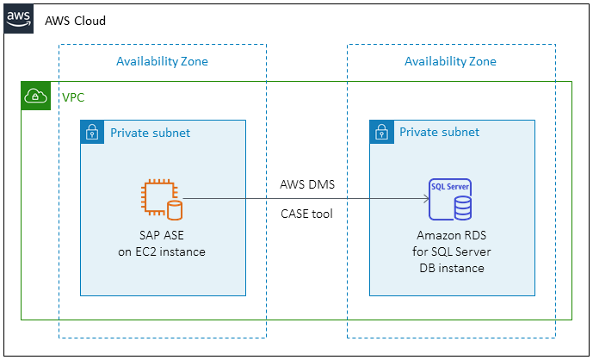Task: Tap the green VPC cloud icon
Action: pyautogui.click(x=36, y=96)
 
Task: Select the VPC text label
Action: pyautogui.click(x=73, y=97)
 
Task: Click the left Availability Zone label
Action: pyautogui.click(x=162, y=61)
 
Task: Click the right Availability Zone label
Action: pyautogui.click(x=450, y=61)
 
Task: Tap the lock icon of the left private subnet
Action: pyautogui.click(x=91, y=133)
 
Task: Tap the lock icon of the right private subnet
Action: pyautogui.click(x=380, y=133)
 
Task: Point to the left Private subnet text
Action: pyautogui.click(x=150, y=133)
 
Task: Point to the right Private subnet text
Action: pyautogui.click(x=439, y=133)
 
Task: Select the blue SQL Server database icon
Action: pyautogui.click(x=450, y=199)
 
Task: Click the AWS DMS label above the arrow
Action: pyautogui.click(x=306, y=184)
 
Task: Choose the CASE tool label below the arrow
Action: pyautogui.click(x=306, y=213)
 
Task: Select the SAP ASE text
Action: pyautogui.click(x=162, y=235)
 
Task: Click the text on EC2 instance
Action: pyautogui.click(x=162, y=251)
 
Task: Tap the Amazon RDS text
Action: pyautogui.click(x=450, y=235)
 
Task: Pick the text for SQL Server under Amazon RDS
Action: pyautogui.click(x=450, y=251)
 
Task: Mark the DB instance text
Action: pyautogui.click(x=450, y=268)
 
